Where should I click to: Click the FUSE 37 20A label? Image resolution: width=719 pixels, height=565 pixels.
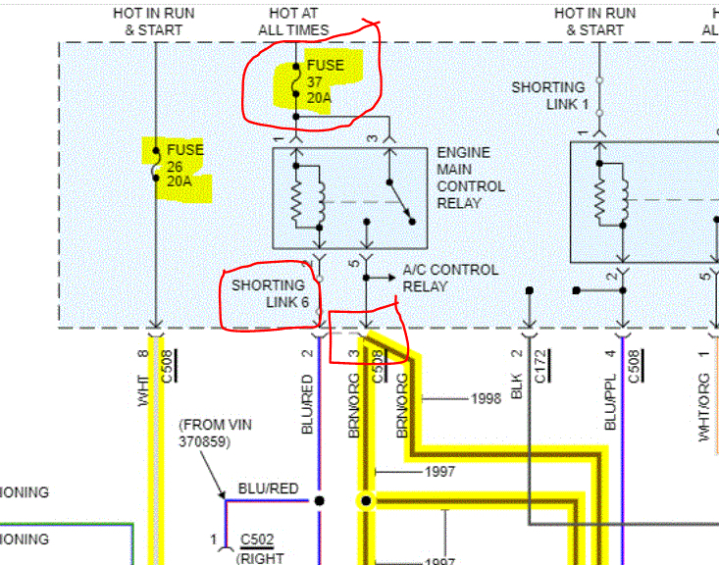325,82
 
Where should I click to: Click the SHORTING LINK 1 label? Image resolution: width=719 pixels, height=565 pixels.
549,95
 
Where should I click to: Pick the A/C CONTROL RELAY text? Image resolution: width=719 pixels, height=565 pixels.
450,278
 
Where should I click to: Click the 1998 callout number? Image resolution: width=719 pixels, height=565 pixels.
486,398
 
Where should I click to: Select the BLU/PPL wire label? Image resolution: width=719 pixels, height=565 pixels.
610,402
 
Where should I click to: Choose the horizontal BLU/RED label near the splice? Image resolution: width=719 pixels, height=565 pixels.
269,488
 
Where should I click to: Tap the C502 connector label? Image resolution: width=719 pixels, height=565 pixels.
257,540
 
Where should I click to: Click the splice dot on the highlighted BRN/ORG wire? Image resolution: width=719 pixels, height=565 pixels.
366,501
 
